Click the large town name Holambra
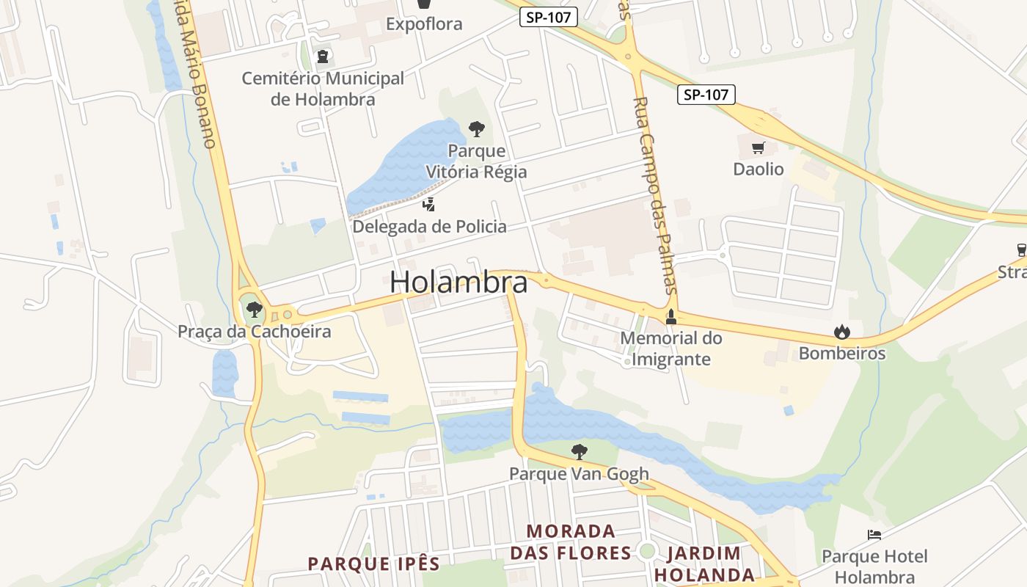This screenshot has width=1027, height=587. [x=458, y=282]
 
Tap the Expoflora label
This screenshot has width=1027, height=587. [x=424, y=24]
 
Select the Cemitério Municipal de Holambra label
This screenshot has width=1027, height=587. [x=323, y=89]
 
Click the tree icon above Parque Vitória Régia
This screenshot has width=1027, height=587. [x=477, y=130]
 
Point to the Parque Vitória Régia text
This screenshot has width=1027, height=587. [x=477, y=161]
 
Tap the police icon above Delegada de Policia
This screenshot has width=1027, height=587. [x=429, y=205]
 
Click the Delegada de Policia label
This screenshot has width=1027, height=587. [x=429, y=226]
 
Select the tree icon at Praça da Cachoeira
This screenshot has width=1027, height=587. [x=255, y=310]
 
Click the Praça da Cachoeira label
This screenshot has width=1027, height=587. [x=255, y=332]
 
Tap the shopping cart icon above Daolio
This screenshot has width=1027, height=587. [x=759, y=148]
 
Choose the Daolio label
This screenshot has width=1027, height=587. [x=759, y=169]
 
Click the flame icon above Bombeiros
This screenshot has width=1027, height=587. [x=842, y=332]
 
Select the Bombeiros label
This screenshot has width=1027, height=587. [x=842, y=354]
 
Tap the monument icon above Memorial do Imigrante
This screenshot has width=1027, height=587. [x=670, y=317]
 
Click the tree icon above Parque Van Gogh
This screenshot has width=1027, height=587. [x=580, y=452]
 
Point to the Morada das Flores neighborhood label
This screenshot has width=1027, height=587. [x=571, y=542]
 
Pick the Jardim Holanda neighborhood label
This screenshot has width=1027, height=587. [x=704, y=564]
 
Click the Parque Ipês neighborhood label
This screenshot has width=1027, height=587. [x=373, y=564]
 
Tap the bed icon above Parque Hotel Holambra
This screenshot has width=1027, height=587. [x=874, y=535]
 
